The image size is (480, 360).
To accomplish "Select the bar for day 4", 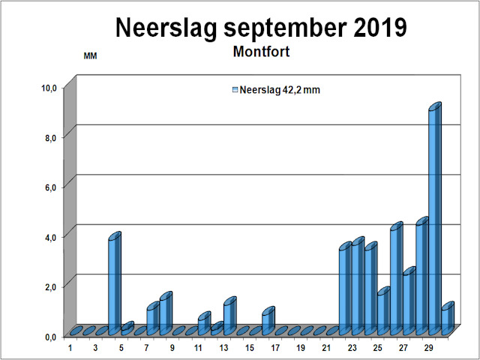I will (113, 285).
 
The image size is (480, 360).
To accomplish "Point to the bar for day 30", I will (446, 319).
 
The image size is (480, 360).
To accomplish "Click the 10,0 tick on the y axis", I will (49, 88).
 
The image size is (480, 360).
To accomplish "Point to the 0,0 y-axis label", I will (49, 337).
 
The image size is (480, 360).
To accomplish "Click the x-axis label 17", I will (274, 348).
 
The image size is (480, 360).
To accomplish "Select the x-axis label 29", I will (428, 348).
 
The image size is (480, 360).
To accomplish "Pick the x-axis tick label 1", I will (70, 348).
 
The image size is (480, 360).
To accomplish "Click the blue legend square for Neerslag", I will (235, 90).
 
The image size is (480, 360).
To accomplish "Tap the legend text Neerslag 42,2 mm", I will (280, 90).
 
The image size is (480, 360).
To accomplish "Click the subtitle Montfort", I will (261, 53).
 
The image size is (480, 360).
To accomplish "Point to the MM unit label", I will (90, 56).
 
